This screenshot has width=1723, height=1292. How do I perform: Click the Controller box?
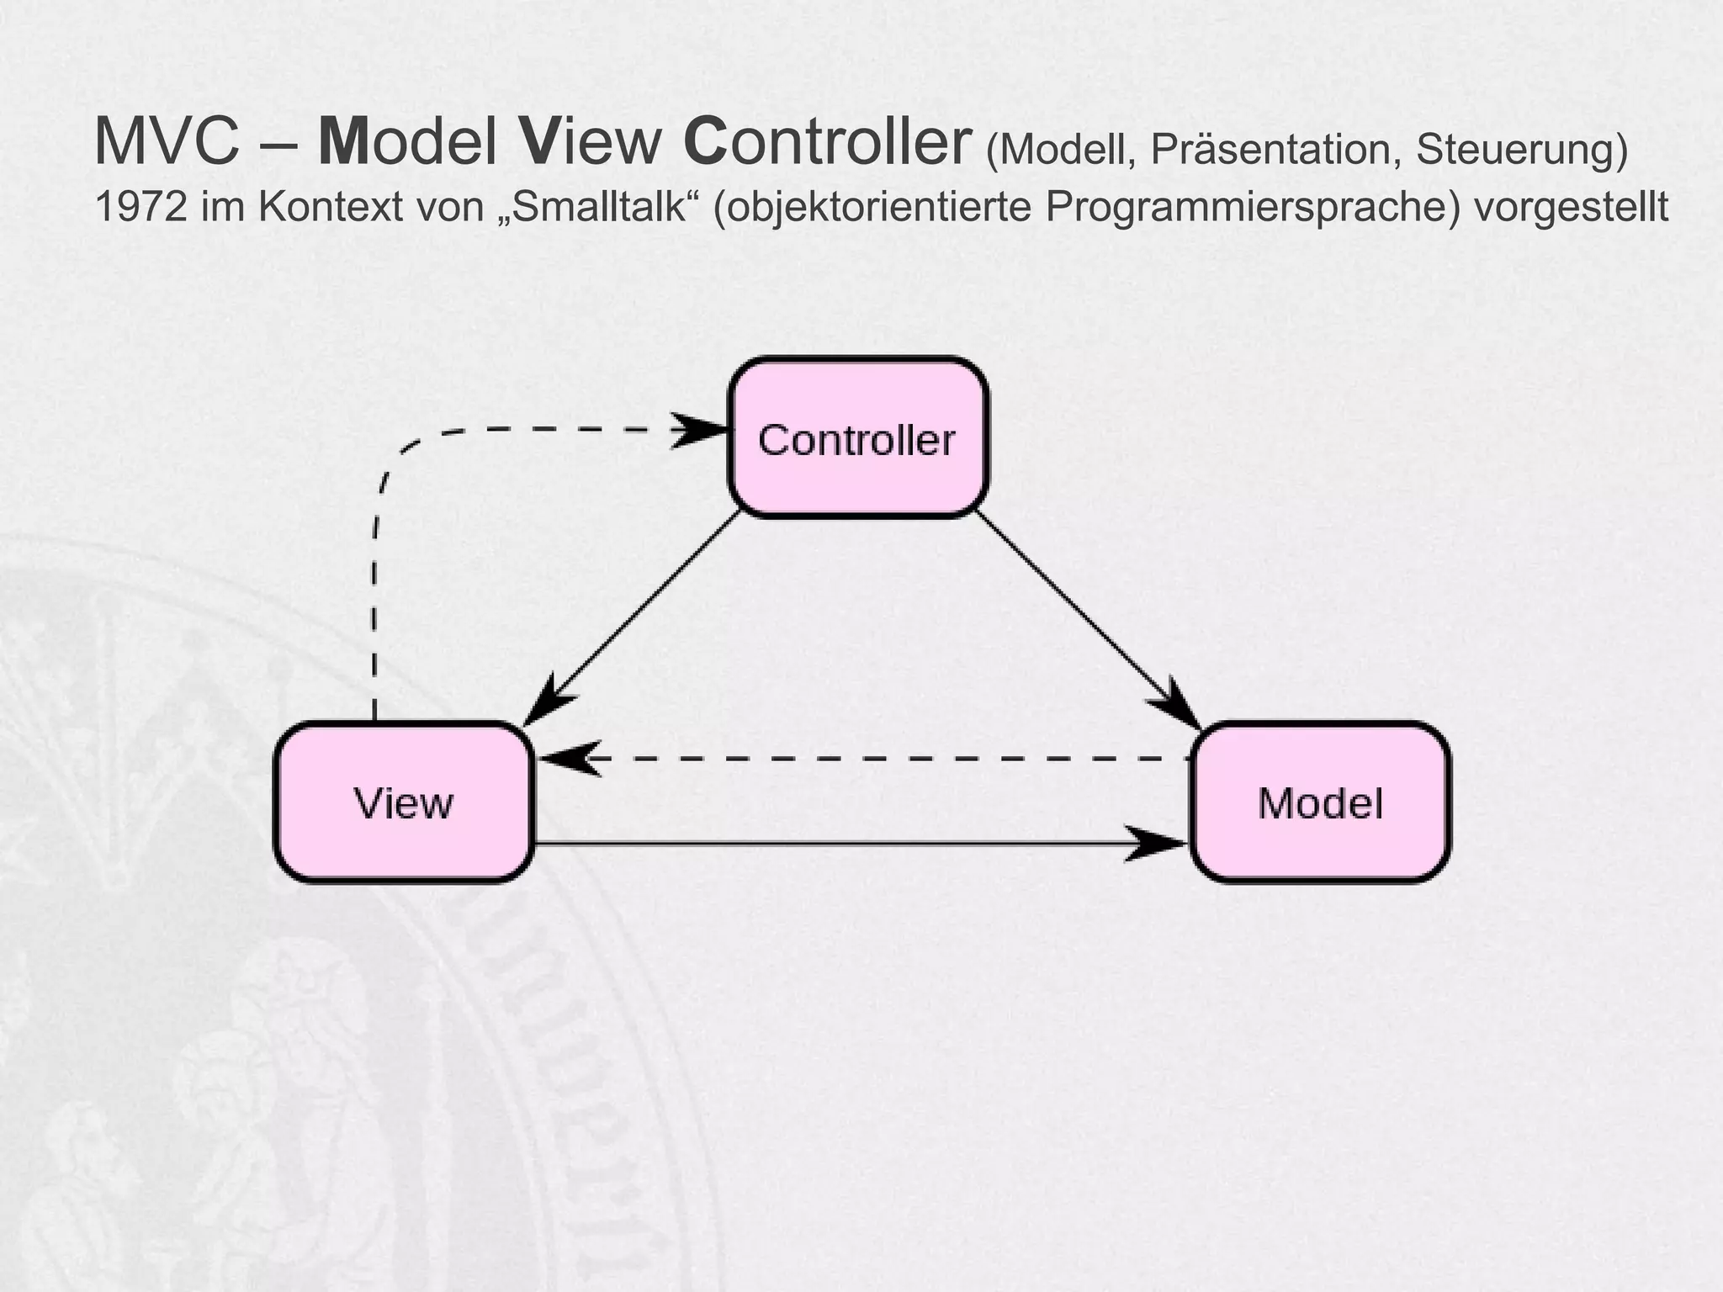click(x=857, y=438)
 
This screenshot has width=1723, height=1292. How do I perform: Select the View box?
click(x=404, y=802)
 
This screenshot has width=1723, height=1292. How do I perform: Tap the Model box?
click(x=1320, y=802)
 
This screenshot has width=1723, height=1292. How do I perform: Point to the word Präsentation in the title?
click(x=1275, y=150)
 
